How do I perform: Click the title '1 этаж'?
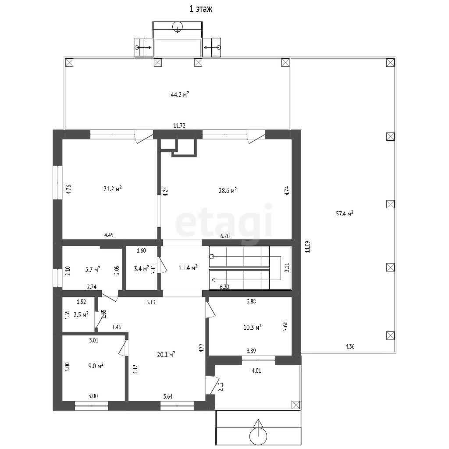tap(201, 9)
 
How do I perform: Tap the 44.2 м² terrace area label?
tap(180, 95)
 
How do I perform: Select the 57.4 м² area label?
tap(345, 214)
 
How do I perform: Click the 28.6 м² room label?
tap(228, 190)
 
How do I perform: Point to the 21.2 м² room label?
tap(113, 189)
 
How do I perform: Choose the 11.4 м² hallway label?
tap(188, 268)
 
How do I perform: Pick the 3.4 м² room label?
tap(142, 269)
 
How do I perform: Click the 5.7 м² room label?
tap(93, 270)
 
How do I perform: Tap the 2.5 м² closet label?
tap(81, 315)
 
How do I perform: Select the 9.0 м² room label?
tap(96, 366)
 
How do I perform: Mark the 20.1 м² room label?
tap(166, 354)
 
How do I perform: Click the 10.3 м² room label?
tap(252, 327)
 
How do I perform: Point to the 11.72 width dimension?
tap(179, 125)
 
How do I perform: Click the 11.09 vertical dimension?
tap(307, 246)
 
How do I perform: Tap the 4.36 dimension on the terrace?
tap(350, 346)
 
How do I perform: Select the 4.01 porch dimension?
tap(256, 371)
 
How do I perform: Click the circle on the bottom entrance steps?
tap(258, 436)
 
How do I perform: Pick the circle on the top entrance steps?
tap(178, 26)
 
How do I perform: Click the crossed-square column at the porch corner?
tap(296, 405)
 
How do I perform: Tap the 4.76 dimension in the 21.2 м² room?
tap(68, 189)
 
